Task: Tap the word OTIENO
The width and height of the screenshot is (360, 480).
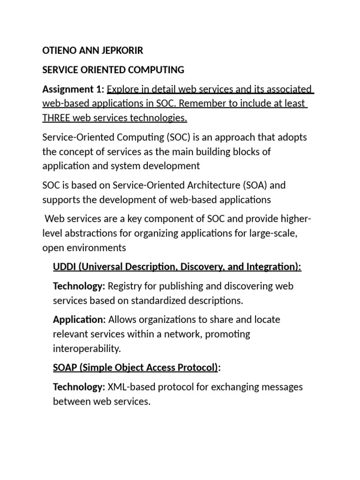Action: [59, 51]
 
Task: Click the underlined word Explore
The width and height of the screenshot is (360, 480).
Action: [123, 89]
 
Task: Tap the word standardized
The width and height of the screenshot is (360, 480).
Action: [165, 300]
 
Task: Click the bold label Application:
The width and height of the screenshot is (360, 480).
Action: [79, 320]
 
